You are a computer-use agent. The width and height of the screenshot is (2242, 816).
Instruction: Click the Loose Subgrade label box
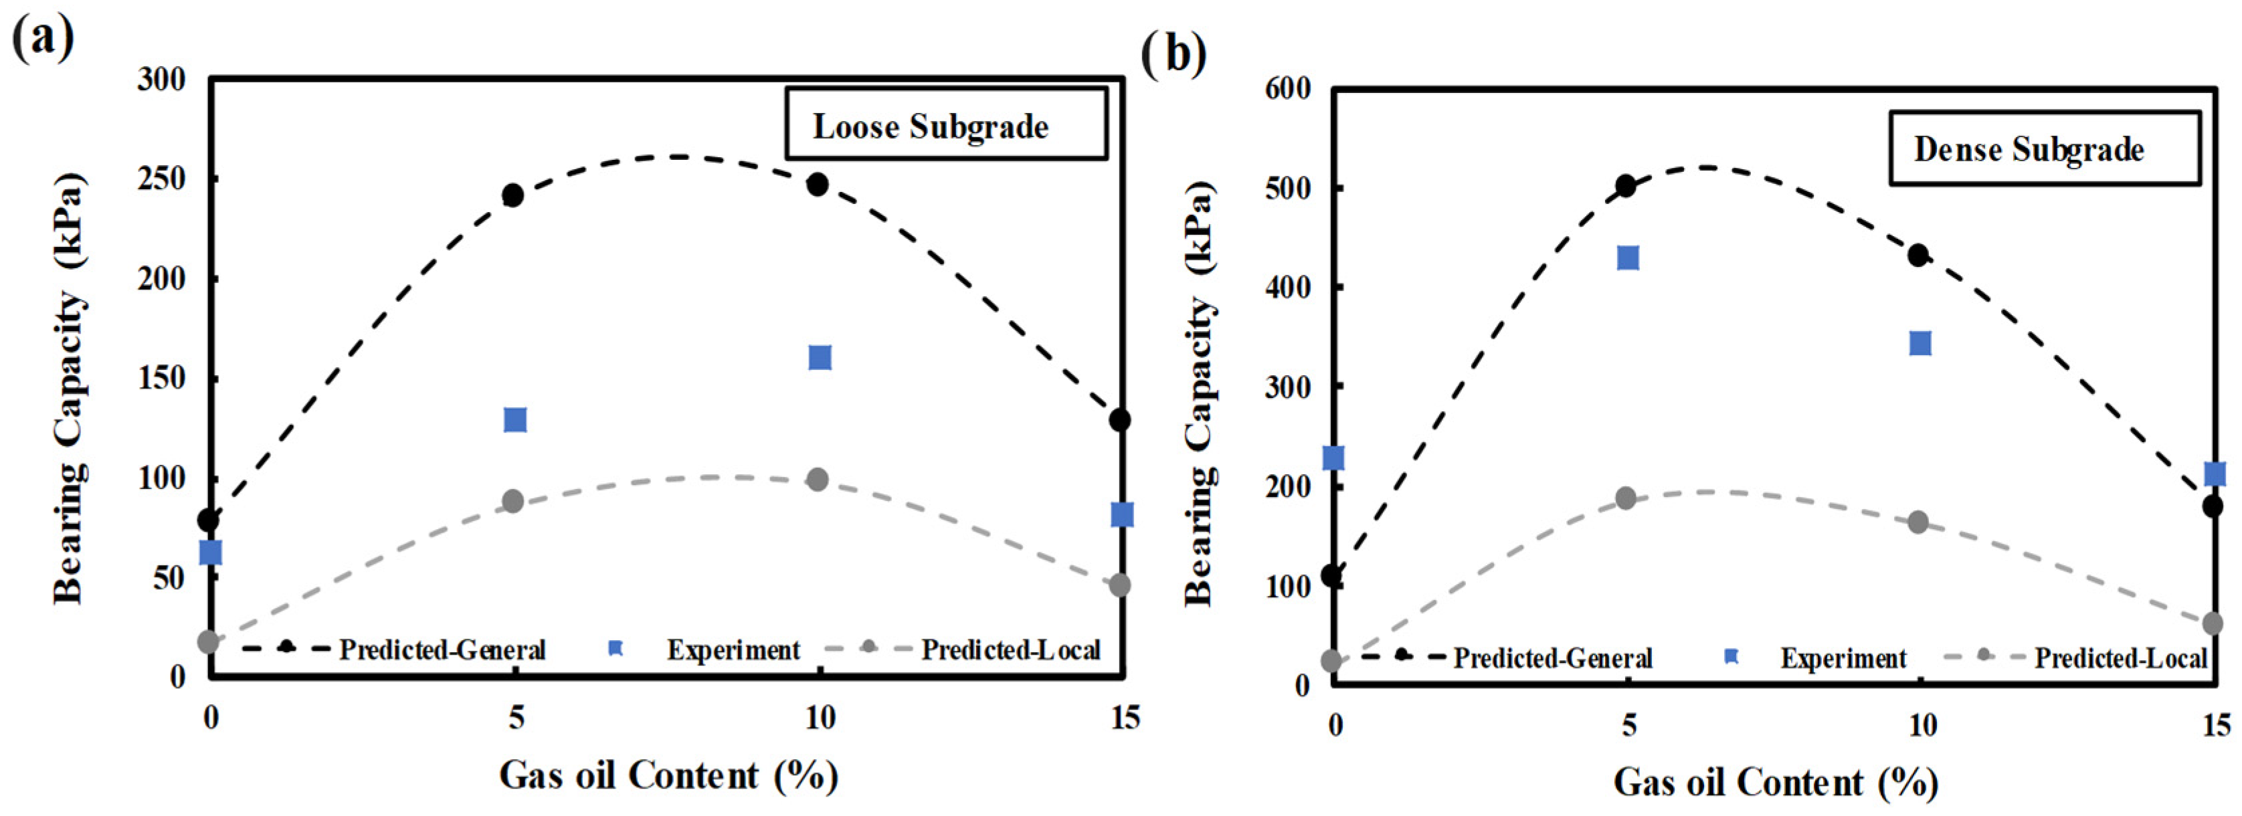click(946, 124)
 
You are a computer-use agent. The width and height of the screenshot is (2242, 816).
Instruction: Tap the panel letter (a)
click(41, 37)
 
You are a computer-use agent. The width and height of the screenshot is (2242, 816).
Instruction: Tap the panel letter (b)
click(1174, 54)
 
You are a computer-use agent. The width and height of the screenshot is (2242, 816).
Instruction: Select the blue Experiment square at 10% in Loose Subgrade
click(820, 358)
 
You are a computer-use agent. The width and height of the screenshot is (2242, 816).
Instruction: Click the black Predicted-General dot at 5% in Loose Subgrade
click(514, 195)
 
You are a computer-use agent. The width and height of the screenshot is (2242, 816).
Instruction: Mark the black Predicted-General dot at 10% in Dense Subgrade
click(1918, 255)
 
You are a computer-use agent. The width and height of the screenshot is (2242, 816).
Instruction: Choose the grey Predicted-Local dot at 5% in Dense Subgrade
click(1626, 498)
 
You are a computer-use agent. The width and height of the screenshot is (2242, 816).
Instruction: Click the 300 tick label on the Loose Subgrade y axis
click(162, 80)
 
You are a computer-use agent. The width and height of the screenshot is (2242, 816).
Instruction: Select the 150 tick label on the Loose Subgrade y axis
click(162, 379)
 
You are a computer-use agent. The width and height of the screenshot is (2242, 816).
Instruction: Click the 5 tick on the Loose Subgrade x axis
click(516, 718)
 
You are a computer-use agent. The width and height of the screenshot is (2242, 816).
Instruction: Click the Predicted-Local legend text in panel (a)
click(1012, 650)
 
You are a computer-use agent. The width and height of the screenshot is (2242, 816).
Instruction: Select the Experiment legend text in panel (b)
click(1843, 659)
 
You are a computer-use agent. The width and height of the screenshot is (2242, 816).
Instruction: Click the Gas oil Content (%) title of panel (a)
click(668, 775)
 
